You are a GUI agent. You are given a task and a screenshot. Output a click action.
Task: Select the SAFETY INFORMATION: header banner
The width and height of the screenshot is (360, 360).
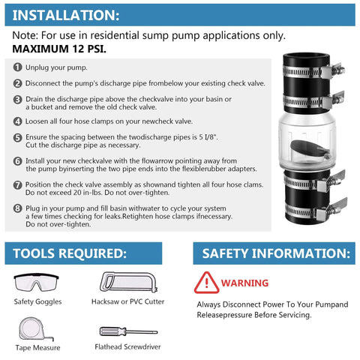pos(274,253)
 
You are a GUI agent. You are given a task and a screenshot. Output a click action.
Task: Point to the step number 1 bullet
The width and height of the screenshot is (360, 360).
pos(17,66)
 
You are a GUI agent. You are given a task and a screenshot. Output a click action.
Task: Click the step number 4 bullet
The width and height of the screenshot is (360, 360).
pos(17,120)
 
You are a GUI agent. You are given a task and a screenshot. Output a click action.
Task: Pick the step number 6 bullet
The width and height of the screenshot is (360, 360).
pos(17,160)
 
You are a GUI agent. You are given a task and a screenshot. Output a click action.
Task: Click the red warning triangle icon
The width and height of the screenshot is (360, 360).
pos(202,283)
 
